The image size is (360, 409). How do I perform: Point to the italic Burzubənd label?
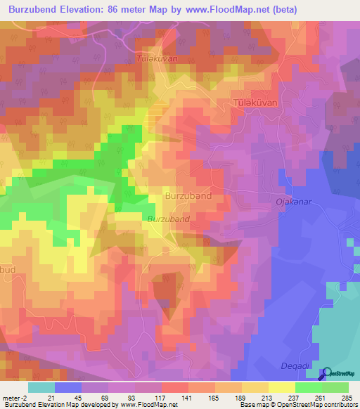pos(169,219)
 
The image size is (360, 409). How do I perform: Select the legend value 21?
pos(51,397)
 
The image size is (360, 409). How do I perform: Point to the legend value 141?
pos(185,397)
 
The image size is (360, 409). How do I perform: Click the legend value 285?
pos(345,397)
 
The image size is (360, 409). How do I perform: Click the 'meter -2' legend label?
pos(15,397)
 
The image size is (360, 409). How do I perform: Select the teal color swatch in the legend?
pos(41,387)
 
